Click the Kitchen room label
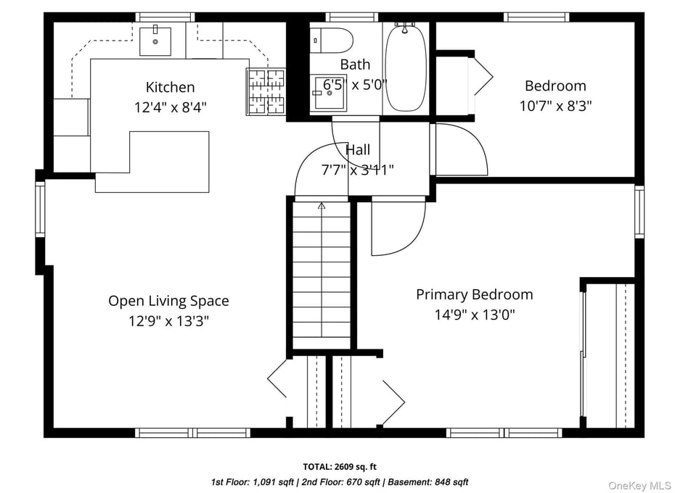(x=170, y=88)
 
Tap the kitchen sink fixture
(x=155, y=41)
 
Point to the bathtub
(x=404, y=67)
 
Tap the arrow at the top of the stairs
(x=322, y=206)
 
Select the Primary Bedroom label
(x=474, y=294)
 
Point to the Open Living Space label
(x=168, y=300)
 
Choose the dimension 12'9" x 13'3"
(x=168, y=320)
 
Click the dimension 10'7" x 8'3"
(x=555, y=106)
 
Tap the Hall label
(x=357, y=150)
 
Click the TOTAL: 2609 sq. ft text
(x=340, y=466)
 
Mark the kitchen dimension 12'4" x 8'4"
(x=170, y=108)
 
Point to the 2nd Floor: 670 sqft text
(x=345, y=481)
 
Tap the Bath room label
(x=355, y=65)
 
